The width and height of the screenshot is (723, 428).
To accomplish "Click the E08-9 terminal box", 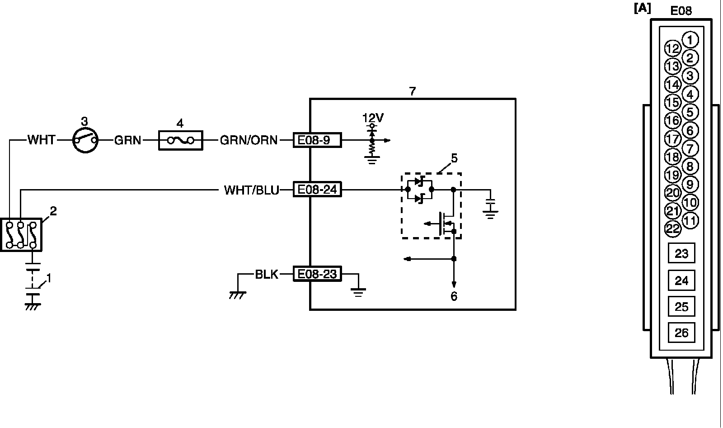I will pyautogui.click(x=317, y=140).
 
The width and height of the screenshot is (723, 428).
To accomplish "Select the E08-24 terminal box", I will pyautogui.click(x=317, y=189).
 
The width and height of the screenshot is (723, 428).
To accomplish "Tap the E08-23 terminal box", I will pyautogui.click(x=317, y=274).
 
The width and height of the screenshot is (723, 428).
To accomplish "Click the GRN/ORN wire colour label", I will pyautogui.click(x=249, y=140).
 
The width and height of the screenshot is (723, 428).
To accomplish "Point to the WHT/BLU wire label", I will pyautogui.click(x=252, y=190).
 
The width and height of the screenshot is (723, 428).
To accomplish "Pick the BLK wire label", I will pyautogui.click(x=267, y=274).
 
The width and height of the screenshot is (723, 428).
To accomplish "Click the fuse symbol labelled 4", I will pyautogui.click(x=181, y=140).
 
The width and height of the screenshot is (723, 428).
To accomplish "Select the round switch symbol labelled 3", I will pyautogui.click(x=85, y=140).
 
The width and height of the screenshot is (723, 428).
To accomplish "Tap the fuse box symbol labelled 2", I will pyautogui.click(x=21, y=234).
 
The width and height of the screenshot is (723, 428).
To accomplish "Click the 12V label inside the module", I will pyautogui.click(x=373, y=118).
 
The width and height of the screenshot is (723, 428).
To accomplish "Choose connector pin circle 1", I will pyautogui.click(x=690, y=40).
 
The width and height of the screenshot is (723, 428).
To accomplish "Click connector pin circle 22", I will pyautogui.click(x=673, y=229).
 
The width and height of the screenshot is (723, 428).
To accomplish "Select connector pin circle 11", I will pyautogui.click(x=690, y=220).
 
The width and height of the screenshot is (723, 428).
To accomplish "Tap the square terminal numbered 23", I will pyautogui.click(x=681, y=253).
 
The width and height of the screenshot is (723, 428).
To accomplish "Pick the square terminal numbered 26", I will pyautogui.click(x=681, y=333).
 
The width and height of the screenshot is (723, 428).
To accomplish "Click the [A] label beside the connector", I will pyautogui.click(x=643, y=8).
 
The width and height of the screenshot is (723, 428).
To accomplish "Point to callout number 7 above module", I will pyautogui.click(x=412, y=91).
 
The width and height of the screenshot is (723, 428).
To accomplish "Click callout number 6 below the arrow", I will pyautogui.click(x=454, y=296).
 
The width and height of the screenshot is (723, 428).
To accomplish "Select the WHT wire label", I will pyautogui.click(x=41, y=140).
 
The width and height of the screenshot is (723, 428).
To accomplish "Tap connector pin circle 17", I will pyautogui.click(x=673, y=139).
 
